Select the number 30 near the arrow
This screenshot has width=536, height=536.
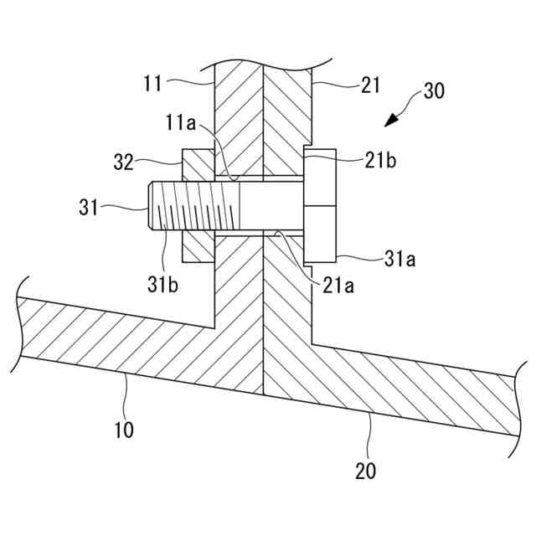point(434,91)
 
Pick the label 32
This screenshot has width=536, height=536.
point(123,162)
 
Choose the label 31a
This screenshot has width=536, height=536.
point(400,260)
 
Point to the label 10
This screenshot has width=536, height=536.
point(124,430)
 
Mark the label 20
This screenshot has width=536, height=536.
point(365,470)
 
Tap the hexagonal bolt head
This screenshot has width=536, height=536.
point(320,205)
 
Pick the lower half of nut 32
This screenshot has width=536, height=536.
point(198,248)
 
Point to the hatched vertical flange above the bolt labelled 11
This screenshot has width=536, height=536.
point(239,117)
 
